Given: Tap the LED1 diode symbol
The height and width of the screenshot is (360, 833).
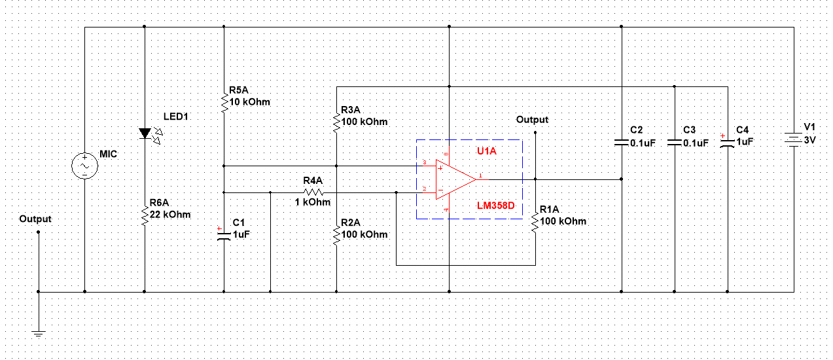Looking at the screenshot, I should [x=145, y=134].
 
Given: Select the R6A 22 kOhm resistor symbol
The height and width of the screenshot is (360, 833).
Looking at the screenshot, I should [x=145, y=214].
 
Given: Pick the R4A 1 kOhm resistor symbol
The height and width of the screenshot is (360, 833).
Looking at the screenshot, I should [x=313, y=192].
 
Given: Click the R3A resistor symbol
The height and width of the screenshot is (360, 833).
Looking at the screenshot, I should [x=336, y=122].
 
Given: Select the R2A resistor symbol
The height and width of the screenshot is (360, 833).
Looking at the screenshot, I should [x=336, y=234].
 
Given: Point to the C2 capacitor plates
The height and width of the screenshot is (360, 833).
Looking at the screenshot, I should [x=621, y=141].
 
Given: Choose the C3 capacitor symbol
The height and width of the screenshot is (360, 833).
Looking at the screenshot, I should [x=674, y=141].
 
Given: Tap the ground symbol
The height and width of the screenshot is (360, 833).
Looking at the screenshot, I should [x=39, y=334].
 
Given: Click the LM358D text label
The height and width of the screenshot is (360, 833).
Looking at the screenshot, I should [x=496, y=206].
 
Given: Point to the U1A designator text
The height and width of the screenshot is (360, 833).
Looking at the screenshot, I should [x=487, y=151].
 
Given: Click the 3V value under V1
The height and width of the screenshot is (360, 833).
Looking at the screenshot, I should [x=810, y=139].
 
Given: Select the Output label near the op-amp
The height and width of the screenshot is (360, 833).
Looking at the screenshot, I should [x=532, y=120].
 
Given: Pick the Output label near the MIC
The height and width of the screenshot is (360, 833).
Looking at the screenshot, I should [x=35, y=219].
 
